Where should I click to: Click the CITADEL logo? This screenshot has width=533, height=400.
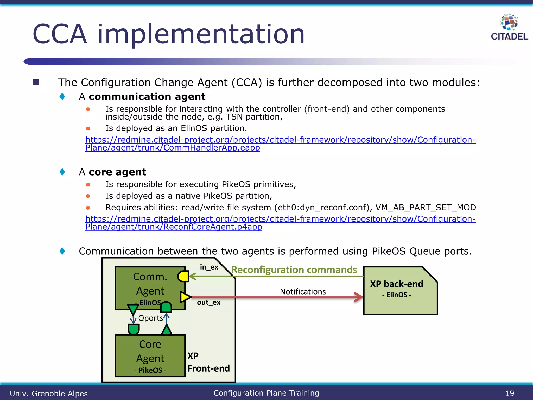coord(509,27)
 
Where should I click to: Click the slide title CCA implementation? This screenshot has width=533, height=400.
coord(168,34)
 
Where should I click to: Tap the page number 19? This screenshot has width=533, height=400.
coord(509,393)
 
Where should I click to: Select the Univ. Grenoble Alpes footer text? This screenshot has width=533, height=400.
coord(49,393)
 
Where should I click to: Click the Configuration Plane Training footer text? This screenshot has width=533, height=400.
coord(266,393)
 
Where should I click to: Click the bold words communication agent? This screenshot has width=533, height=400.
coord(147,97)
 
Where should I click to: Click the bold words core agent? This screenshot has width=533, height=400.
coord(117,172)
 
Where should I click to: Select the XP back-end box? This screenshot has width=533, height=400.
coord(400,291)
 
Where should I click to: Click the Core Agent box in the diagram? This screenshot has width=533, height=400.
coord(150,356)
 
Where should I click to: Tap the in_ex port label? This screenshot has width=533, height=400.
coord(209,267)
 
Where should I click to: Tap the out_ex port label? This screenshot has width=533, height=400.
coord(208,303)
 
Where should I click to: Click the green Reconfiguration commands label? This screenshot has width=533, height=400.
coord(294,270)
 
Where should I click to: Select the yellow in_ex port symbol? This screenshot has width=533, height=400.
coord(183,276)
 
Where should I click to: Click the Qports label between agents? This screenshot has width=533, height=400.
coord(150,318)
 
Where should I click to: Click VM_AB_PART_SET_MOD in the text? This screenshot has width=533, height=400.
coord(426,208)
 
